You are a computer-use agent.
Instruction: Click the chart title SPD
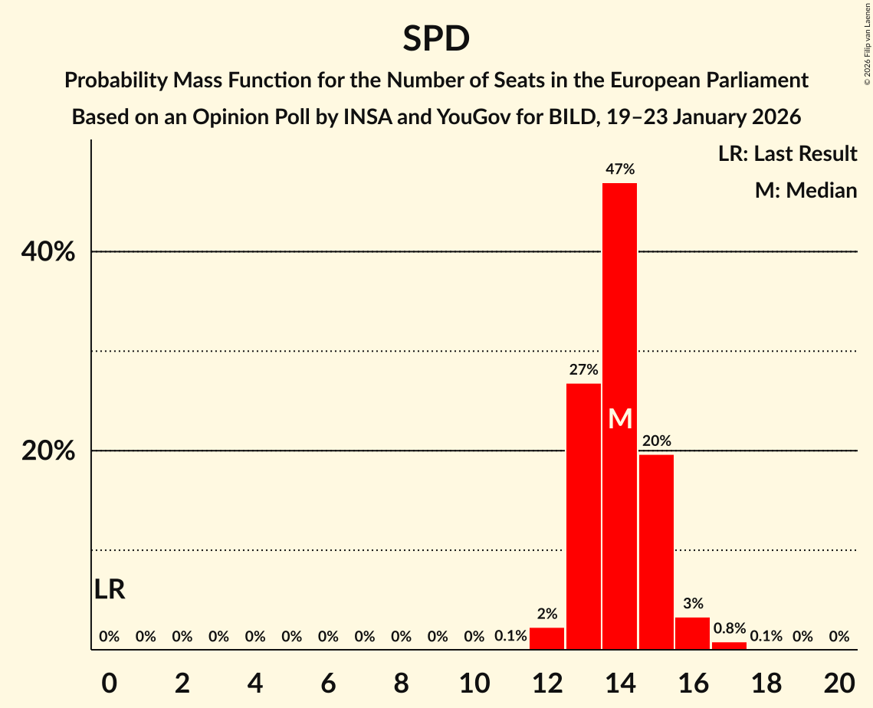tap(436, 38)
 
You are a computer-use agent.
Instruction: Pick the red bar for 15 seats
tap(656, 552)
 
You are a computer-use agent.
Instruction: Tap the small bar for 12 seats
tap(546, 638)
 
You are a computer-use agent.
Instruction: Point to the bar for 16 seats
tap(692, 633)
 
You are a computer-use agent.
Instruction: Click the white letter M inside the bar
tap(619, 418)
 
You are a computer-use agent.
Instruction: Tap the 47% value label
tap(619, 169)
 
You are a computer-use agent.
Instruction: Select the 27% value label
tap(583, 370)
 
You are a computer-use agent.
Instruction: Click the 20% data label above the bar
tap(656, 441)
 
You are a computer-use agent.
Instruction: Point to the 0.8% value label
tap(729, 628)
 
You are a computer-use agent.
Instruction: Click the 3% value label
tap(692, 604)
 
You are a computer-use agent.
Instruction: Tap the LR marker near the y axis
tap(110, 589)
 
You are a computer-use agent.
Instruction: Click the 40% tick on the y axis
tap(48, 251)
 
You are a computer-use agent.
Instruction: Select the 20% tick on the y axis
tap(48, 451)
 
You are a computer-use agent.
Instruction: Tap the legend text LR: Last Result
tap(787, 154)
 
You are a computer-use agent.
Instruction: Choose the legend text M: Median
tap(806, 190)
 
